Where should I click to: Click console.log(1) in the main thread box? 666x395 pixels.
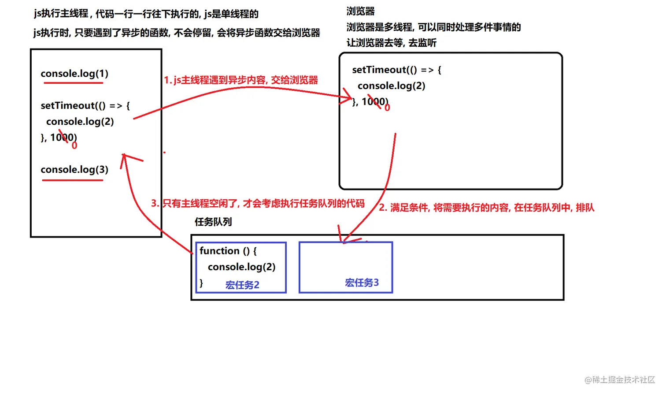(x=74, y=74)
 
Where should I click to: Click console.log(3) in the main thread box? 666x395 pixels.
(x=74, y=170)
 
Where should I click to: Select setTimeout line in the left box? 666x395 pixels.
(x=85, y=106)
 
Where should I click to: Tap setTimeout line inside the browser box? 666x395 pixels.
(x=396, y=70)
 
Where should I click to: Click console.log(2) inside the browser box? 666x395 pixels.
(x=391, y=86)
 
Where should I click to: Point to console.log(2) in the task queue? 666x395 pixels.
(x=241, y=267)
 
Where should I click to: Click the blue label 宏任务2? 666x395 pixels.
(x=242, y=285)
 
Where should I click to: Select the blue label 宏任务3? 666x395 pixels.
(x=362, y=283)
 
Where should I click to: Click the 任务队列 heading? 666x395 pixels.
(x=213, y=222)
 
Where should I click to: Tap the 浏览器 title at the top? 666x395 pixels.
(x=360, y=11)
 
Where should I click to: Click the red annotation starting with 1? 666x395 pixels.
(x=241, y=80)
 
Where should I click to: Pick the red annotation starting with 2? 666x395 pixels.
(x=487, y=208)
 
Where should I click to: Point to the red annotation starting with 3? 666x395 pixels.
(x=258, y=203)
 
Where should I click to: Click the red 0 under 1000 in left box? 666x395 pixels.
(x=74, y=146)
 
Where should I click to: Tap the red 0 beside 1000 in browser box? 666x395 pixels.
(x=387, y=108)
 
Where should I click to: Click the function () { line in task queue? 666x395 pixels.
(x=228, y=251)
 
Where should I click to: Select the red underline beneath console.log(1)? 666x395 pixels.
(x=73, y=83)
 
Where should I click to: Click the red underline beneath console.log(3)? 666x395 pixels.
(x=73, y=180)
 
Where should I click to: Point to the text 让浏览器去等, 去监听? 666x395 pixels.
(x=391, y=43)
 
